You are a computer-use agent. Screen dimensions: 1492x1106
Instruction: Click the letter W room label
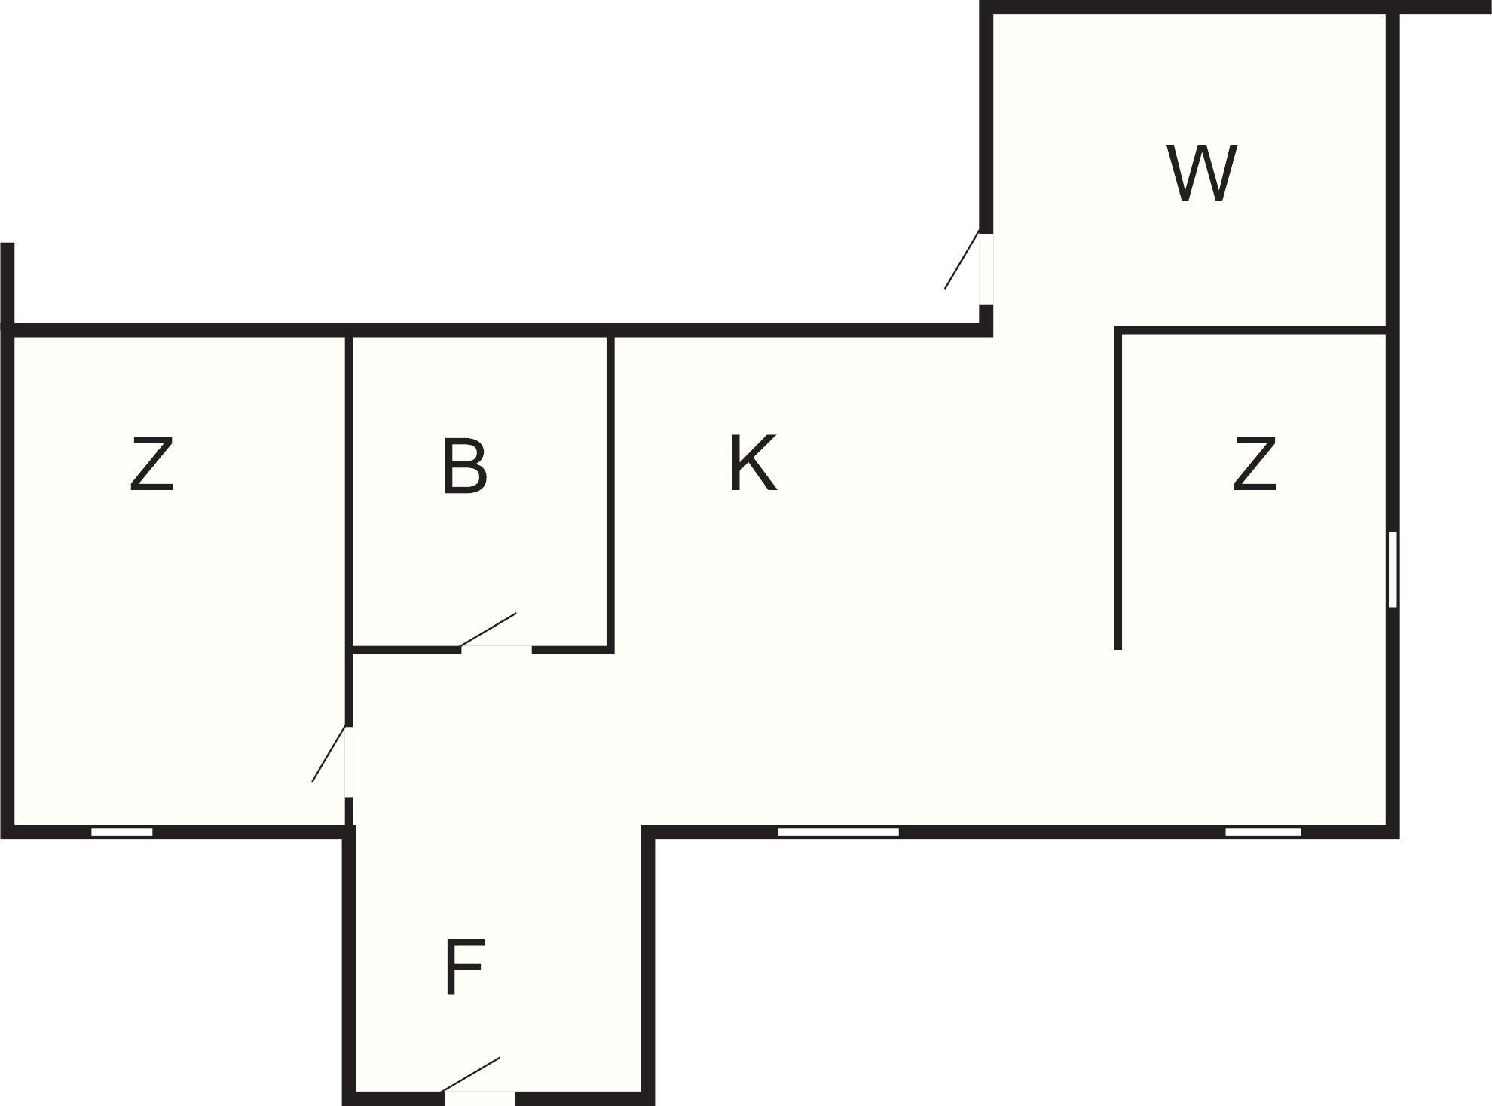pyautogui.click(x=1202, y=173)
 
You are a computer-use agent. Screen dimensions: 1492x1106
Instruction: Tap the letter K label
pyautogui.click(x=753, y=463)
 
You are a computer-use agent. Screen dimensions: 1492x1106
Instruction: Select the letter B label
pyautogui.click(x=464, y=466)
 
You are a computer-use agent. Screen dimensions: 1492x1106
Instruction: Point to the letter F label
pyautogui.click(x=463, y=967)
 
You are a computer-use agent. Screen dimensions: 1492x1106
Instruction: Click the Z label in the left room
pyautogui.click(x=152, y=464)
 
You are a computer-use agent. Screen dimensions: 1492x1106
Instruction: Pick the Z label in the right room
pyautogui.click(x=1255, y=464)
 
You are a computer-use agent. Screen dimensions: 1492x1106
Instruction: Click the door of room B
pyautogui.click(x=496, y=648)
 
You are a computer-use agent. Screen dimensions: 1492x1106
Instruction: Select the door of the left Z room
pyautogui.click(x=349, y=761)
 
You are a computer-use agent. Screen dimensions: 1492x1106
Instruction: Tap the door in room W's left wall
pyautogui.click(x=986, y=269)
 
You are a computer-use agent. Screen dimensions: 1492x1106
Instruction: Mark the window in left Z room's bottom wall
pyautogui.click(x=122, y=832)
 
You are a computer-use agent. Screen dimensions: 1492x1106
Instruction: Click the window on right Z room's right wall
pyautogui.click(x=1393, y=568)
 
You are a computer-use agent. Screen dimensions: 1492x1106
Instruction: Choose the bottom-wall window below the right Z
pyautogui.click(x=1263, y=832)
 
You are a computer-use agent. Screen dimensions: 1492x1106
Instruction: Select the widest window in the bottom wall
pyautogui.click(x=838, y=832)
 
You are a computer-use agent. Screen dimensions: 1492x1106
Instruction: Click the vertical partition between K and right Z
pyautogui.click(x=1118, y=489)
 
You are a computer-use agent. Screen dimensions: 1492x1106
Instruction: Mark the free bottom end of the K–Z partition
pyautogui.click(x=1118, y=649)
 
